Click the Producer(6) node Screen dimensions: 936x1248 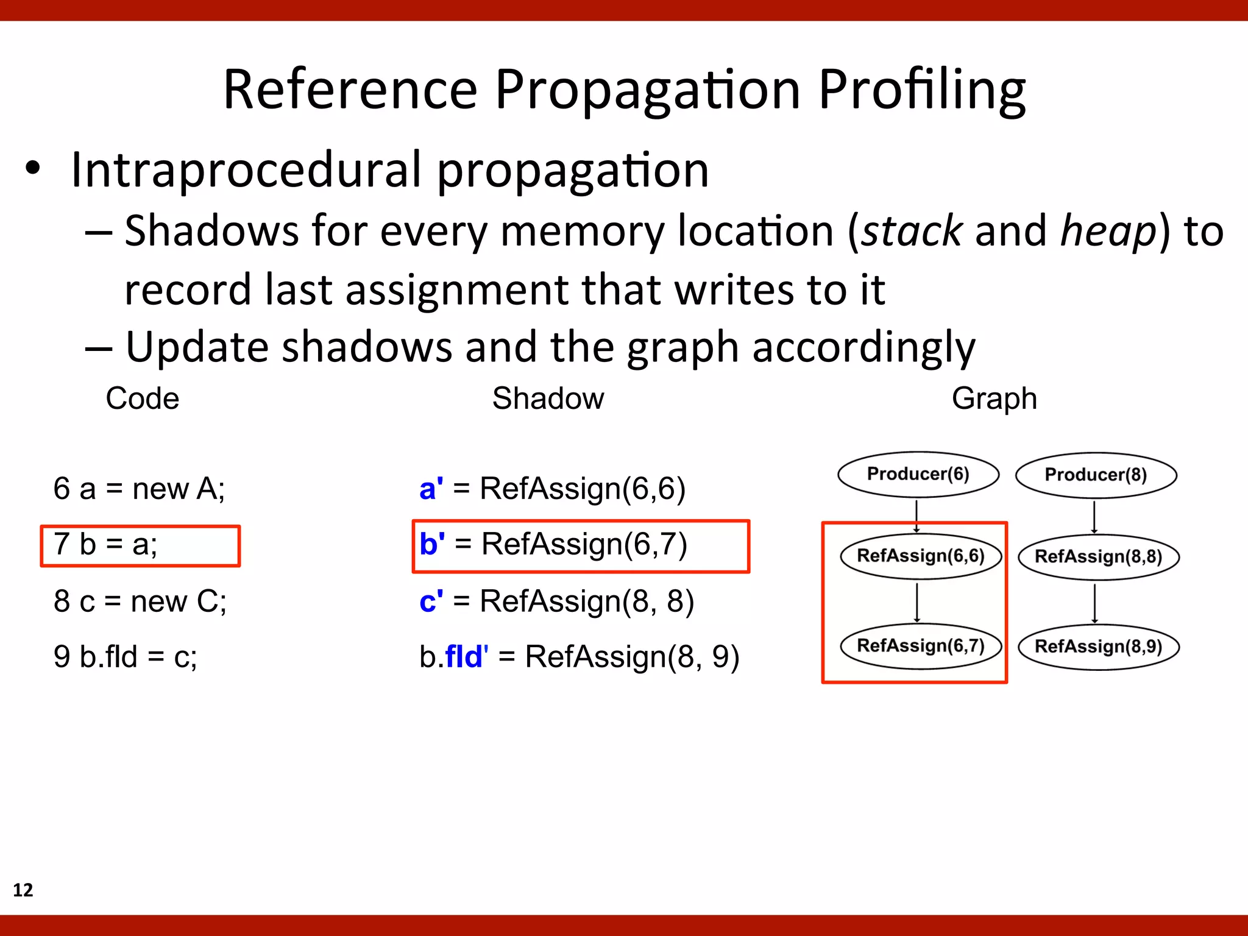click(x=918, y=474)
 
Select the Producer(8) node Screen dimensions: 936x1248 click(x=1096, y=475)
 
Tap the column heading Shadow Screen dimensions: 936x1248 click(x=548, y=399)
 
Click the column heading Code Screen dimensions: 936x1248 click(x=143, y=399)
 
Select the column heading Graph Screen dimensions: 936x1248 click(x=994, y=399)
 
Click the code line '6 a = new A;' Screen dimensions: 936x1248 click(x=139, y=488)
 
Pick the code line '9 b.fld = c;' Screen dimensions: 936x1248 click(x=126, y=656)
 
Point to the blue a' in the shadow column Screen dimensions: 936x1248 click(x=431, y=488)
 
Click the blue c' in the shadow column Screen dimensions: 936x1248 click(x=431, y=601)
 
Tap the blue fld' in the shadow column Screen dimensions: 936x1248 click(x=466, y=656)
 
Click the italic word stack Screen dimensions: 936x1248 click(x=912, y=232)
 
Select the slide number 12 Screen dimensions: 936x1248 click(x=23, y=890)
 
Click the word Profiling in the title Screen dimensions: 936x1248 click(x=921, y=90)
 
